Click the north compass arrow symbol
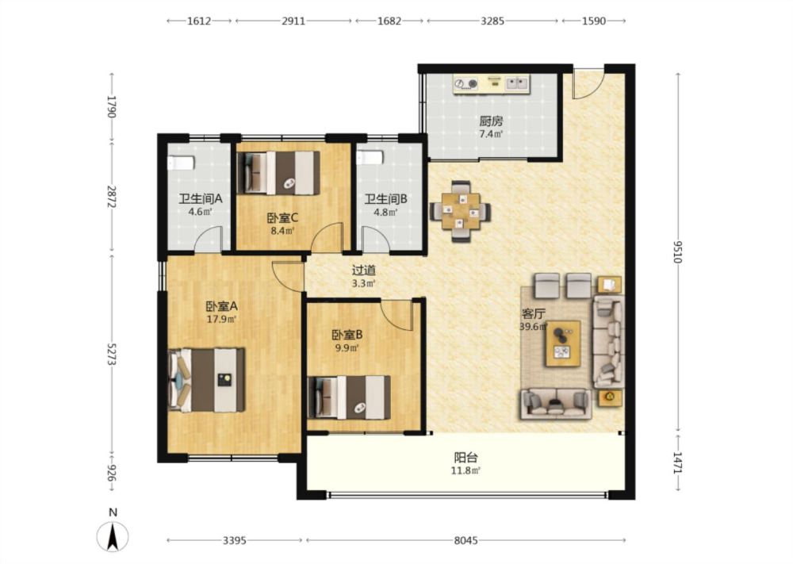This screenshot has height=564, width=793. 113,535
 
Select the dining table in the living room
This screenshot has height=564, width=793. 460,211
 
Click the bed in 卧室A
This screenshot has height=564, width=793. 206,379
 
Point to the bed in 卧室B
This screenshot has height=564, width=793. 349,397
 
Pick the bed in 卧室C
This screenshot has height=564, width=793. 278,173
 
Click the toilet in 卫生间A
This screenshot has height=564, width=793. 181,163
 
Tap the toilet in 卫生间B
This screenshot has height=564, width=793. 370,157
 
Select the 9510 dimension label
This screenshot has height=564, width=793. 678,251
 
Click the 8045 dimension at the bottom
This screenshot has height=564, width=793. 465,540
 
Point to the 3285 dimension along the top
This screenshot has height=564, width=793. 492,21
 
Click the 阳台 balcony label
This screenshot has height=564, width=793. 465,458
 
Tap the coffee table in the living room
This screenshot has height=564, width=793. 562,343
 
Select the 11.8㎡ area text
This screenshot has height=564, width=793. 465,471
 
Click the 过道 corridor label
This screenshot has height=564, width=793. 364,270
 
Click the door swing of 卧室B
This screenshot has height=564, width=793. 397,315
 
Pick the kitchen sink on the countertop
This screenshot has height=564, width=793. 517,83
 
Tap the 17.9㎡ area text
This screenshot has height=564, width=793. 221,319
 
